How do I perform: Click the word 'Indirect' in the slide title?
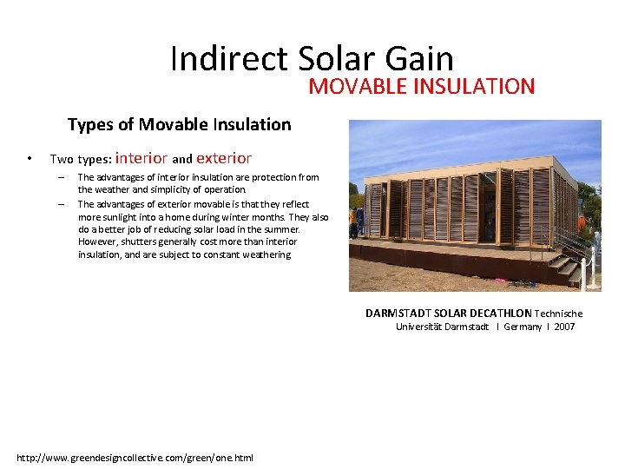pyautogui.click(x=230, y=59)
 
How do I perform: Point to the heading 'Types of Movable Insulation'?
pyautogui.click(x=179, y=124)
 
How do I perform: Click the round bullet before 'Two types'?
pyautogui.click(x=30, y=159)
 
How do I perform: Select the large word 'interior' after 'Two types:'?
pyautogui.click(x=141, y=158)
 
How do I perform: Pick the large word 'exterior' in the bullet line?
pyautogui.click(x=224, y=158)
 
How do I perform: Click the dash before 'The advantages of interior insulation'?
pyautogui.click(x=62, y=177)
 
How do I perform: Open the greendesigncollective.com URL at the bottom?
pyautogui.click(x=135, y=458)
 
